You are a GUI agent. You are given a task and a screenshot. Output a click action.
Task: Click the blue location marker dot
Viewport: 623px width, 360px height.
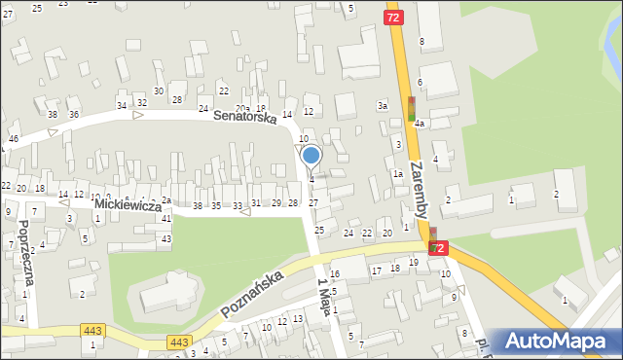(x=311, y=155)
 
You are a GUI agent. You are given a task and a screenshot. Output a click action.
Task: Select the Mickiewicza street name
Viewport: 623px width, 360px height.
(x=128, y=206)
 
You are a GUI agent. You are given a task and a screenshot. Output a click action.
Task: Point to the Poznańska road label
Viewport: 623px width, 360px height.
(x=251, y=295)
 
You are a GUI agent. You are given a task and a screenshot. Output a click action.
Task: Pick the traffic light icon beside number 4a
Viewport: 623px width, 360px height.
(x=412, y=107)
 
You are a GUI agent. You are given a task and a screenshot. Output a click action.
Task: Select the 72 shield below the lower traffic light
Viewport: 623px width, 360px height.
(x=438, y=250)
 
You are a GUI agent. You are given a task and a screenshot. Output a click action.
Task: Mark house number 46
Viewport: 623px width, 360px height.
(x=13, y=140)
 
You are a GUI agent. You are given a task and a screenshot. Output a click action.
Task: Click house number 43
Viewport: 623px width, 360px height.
(x=166, y=238)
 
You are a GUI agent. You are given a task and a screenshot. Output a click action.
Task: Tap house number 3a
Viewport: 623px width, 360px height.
(x=383, y=105)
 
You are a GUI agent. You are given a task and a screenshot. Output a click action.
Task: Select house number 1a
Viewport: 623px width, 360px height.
(x=397, y=173)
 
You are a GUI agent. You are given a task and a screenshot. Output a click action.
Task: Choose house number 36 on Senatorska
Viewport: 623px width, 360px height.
(x=73, y=114)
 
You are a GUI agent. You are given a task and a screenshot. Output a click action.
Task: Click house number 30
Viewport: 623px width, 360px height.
(x=158, y=90)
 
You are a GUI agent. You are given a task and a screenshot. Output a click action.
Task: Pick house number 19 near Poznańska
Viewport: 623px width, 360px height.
(x=413, y=263)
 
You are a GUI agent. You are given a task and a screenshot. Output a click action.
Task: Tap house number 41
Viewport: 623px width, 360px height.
(x=165, y=219)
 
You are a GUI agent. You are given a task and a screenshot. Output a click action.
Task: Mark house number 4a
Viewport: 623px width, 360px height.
(x=419, y=125)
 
